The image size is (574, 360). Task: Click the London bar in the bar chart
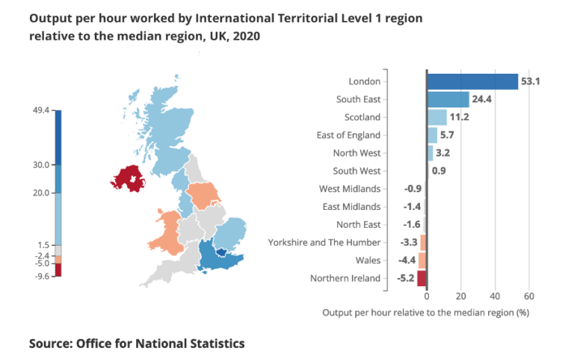pyautogui.click(x=472, y=81)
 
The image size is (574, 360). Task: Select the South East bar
pyautogui.click(x=448, y=99)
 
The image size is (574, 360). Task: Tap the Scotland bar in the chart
pyautogui.click(x=436, y=117)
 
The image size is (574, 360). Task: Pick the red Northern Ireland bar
pyautogui.click(x=422, y=279)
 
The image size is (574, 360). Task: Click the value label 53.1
pyautogui.click(x=531, y=81)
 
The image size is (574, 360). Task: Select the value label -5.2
pyautogui.click(x=404, y=279)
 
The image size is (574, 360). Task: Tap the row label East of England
pyautogui.click(x=348, y=135)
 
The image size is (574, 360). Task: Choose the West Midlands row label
pyautogui.click(x=350, y=189)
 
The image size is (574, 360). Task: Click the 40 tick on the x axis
pyautogui.click(x=496, y=296)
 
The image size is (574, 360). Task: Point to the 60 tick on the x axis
pyautogui.click(x=529, y=296)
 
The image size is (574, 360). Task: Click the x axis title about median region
pyautogui.click(x=425, y=313)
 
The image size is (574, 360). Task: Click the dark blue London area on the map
pyautogui.click(x=221, y=252)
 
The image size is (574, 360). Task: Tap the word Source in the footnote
pyautogui.click(x=52, y=344)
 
